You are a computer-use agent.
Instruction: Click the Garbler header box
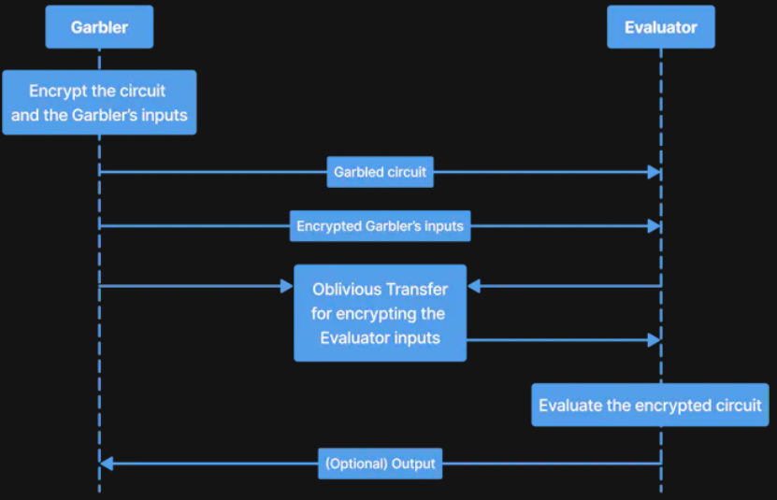tap(99, 27)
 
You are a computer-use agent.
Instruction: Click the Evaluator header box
tap(660, 27)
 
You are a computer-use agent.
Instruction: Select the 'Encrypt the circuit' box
tap(99, 103)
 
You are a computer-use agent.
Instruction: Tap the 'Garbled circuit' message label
tap(380, 172)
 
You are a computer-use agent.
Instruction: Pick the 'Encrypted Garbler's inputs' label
tap(380, 226)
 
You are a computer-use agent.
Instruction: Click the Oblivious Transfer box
tap(380, 312)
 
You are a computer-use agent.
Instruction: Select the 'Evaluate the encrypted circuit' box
tap(650, 406)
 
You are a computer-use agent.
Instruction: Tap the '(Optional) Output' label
tap(380, 464)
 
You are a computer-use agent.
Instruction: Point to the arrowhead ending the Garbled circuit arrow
tap(655, 172)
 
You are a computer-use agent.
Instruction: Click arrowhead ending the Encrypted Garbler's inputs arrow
tap(655, 226)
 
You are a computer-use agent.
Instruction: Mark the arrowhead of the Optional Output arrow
tap(107, 464)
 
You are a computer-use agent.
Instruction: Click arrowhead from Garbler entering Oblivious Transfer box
tap(287, 286)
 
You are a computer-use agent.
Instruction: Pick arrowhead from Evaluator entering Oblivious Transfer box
tap(474, 286)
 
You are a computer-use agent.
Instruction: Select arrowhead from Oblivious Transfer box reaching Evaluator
tap(655, 339)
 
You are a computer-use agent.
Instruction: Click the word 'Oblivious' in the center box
tap(344, 288)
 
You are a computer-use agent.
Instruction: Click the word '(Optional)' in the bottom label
tap(355, 464)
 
